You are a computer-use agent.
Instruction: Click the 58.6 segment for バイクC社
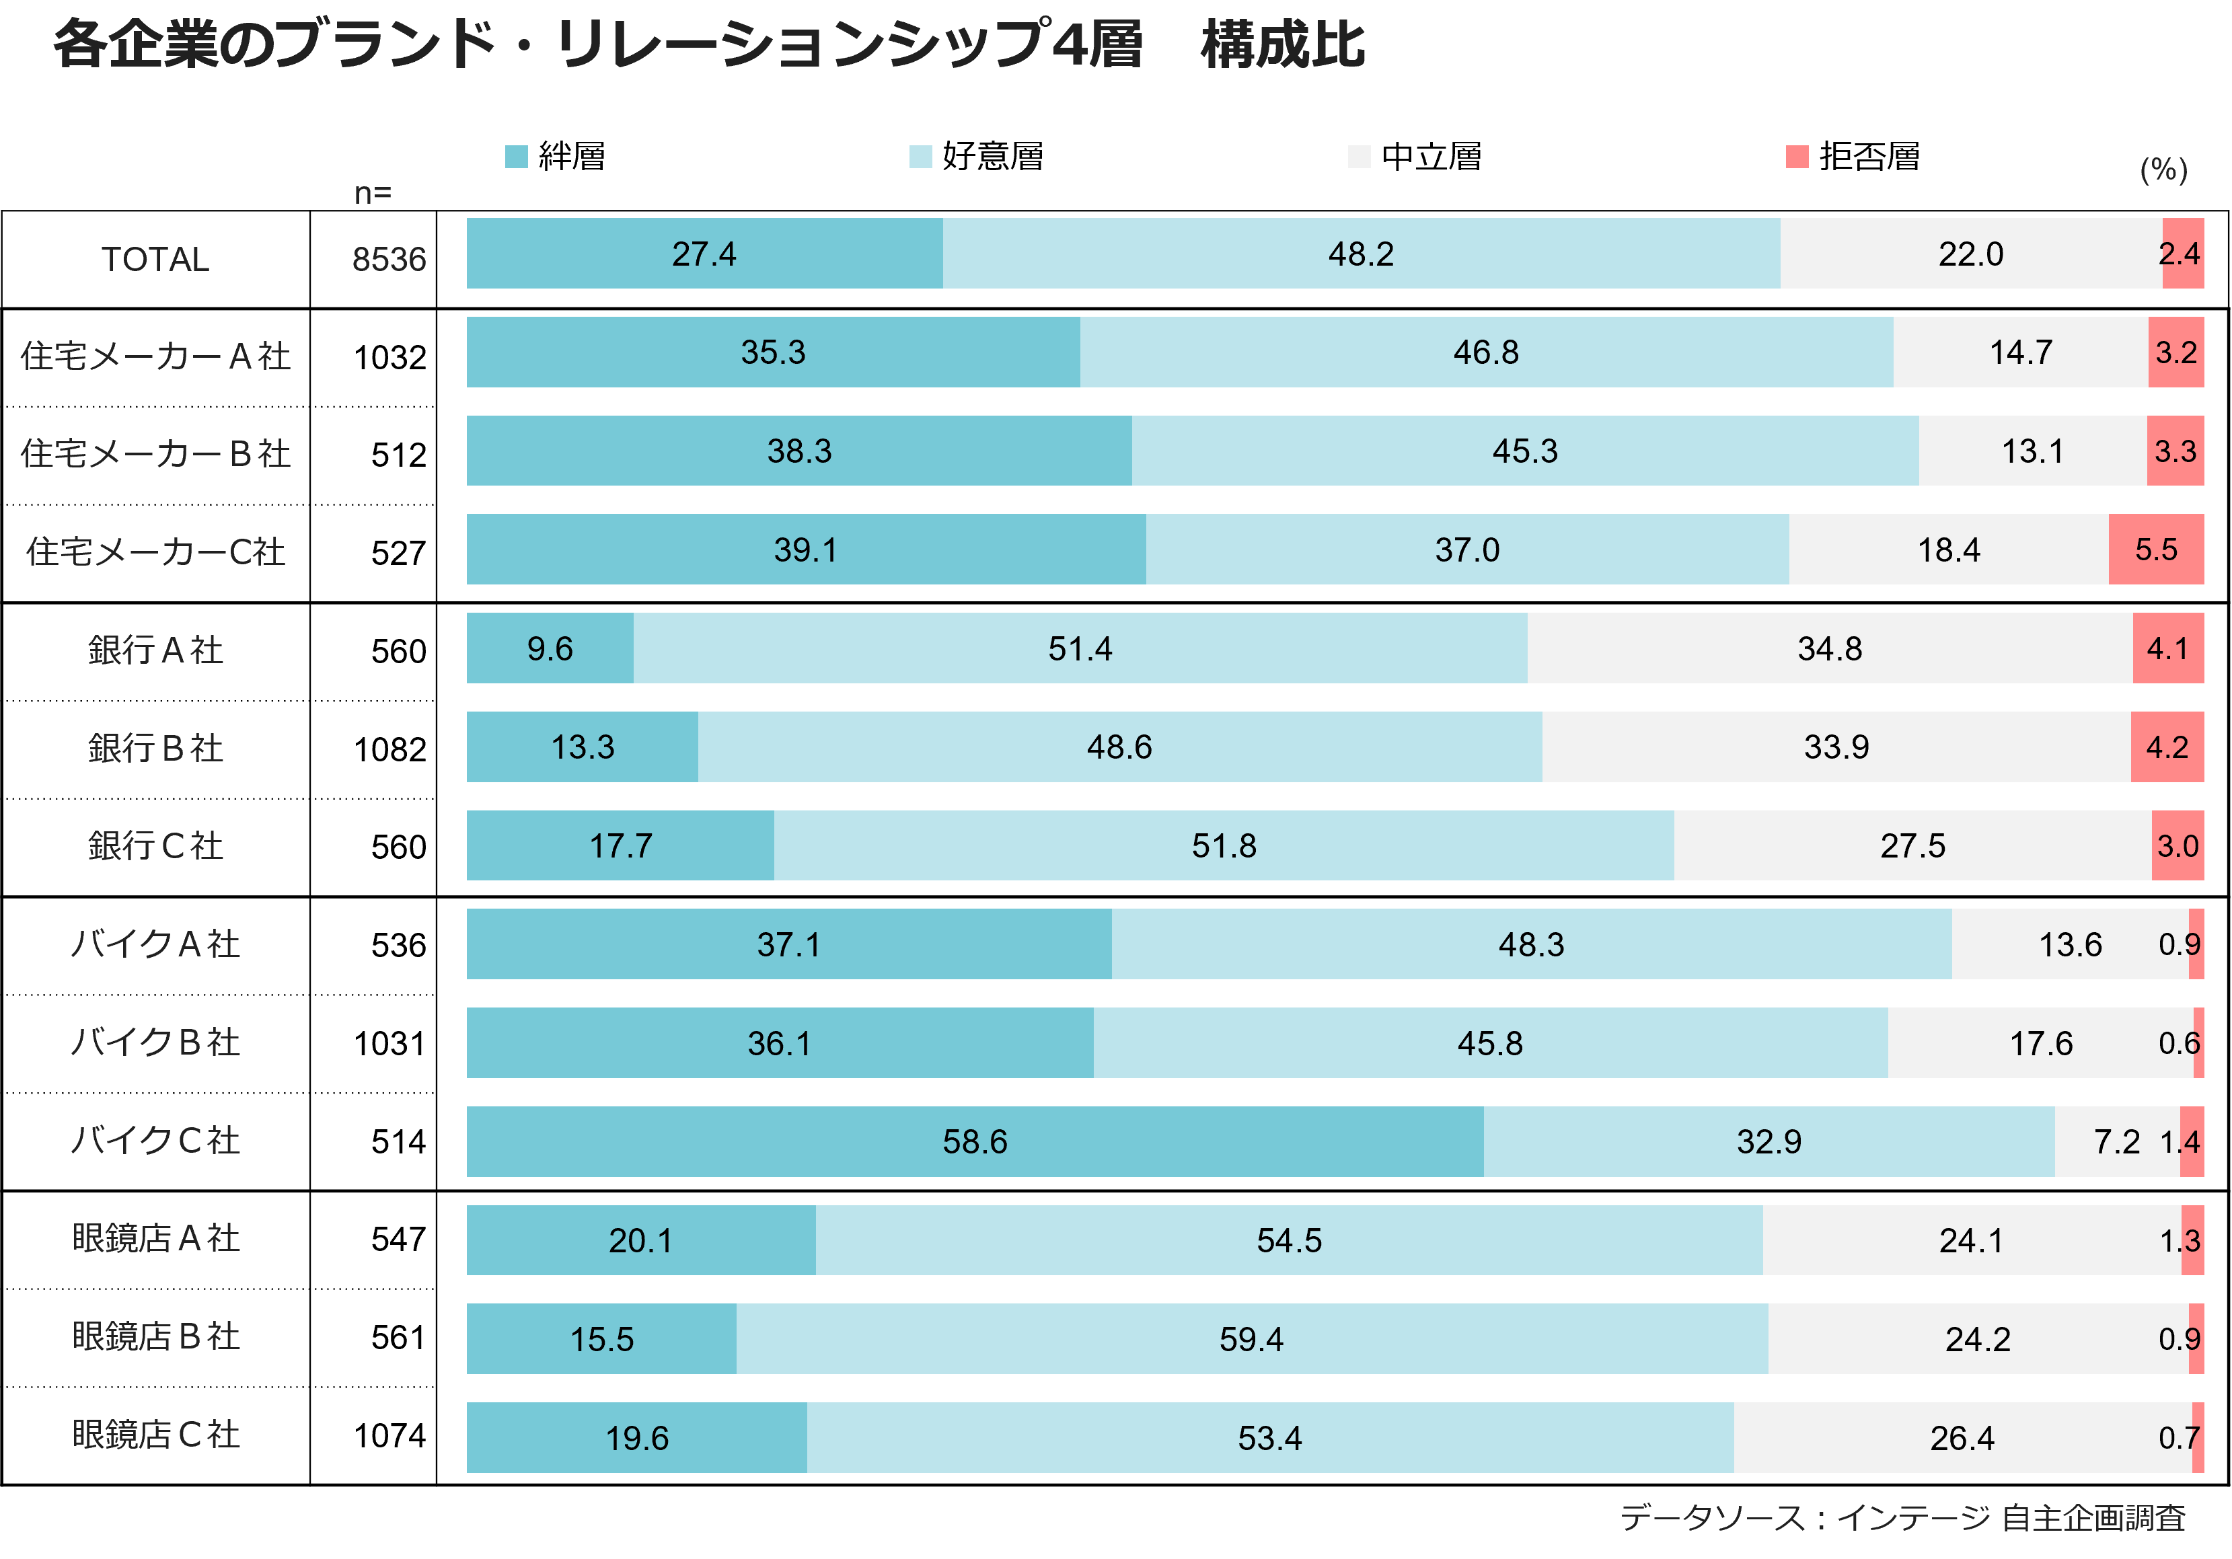click(x=974, y=1141)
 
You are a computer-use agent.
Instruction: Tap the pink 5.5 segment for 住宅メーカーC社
click(x=2155, y=549)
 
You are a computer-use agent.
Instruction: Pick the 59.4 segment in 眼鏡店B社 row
click(x=1251, y=1338)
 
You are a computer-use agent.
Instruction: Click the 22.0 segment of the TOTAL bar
click(x=1970, y=254)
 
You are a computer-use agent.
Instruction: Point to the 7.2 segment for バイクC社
click(x=2116, y=1141)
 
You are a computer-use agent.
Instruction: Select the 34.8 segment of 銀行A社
click(x=1830, y=648)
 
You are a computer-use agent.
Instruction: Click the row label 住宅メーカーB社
click(x=155, y=453)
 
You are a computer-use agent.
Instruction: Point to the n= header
click(x=372, y=194)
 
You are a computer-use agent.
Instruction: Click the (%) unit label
click(x=2163, y=170)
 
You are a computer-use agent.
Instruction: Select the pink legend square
click(x=1797, y=157)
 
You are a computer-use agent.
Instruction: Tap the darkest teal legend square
click(x=516, y=157)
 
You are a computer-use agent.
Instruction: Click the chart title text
click(x=710, y=46)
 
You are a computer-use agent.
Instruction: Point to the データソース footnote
click(x=1902, y=1517)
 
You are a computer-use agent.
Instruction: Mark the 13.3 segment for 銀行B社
click(x=583, y=747)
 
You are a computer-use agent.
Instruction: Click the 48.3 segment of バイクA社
click(x=1531, y=944)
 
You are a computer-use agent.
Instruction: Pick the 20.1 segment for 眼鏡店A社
click(x=640, y=1240)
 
